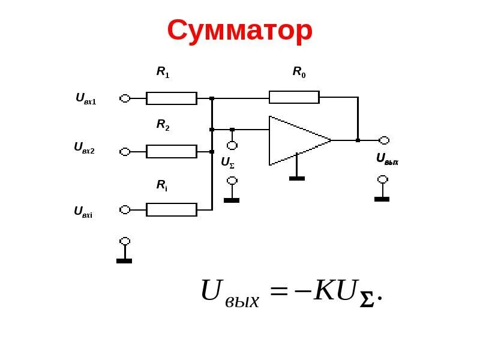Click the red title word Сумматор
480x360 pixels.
point(239,31)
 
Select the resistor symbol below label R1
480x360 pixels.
point(172,98)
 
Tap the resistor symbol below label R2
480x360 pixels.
point(172,151)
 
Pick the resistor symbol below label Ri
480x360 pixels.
point(172,209)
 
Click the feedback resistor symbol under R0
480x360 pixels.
point(294,97)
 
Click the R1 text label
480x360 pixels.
point(163,72)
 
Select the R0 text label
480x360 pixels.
point(299,72)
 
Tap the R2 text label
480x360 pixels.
point(163,125)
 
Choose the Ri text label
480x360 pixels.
point(162,185)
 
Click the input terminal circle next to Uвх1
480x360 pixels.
point(125,98)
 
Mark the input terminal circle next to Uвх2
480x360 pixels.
point(125,152)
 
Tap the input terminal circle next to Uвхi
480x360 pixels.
point(125,209)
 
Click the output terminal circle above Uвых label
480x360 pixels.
point(384,140)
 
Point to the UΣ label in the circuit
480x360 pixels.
point(227,162)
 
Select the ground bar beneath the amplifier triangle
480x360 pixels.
point(297,178)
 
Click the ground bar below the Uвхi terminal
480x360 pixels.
point(124,261)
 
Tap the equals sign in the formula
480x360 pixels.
point(279,293)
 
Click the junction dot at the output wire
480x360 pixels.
point(358,140)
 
